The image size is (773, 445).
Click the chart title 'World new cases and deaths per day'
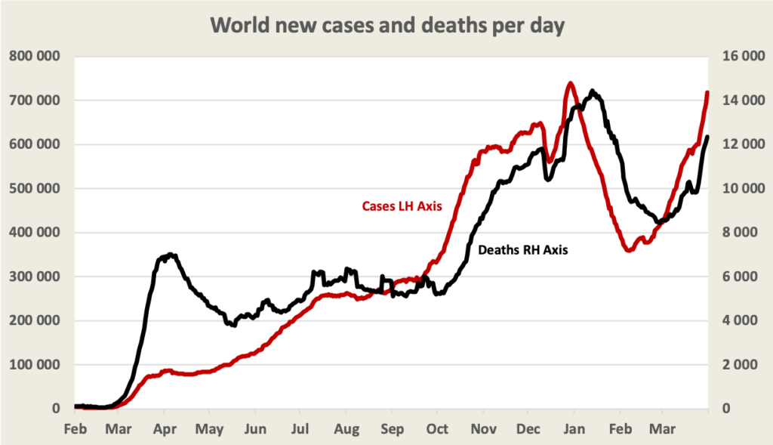387,25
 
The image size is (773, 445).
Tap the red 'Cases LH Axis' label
402,206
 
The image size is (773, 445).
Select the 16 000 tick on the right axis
739,57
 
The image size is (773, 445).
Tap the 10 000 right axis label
739,189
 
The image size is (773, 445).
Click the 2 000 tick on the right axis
742,365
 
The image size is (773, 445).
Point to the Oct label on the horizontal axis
437,430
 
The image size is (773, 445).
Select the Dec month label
528,430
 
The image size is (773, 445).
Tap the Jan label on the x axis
574,430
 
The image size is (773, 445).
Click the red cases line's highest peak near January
570,83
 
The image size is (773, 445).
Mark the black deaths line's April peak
171,255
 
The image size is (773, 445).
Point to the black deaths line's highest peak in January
593,92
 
